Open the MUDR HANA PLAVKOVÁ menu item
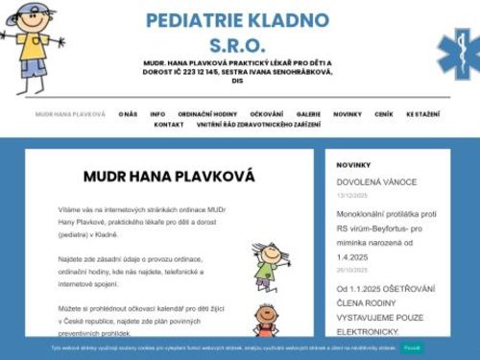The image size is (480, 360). (x=70, y=114)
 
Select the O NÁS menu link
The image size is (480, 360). (x=129, y=114)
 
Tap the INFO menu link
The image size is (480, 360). (x=157, y=114)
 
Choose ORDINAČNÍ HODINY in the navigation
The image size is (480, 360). (x=207, y=114)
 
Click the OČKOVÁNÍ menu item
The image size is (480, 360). (x=267, y=114)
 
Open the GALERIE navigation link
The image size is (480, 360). (x=309, y=114)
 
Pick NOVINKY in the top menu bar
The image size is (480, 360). (x=348, y=114)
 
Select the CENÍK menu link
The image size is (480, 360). (x=384, y=114)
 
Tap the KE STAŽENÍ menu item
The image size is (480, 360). (x=423, y=114)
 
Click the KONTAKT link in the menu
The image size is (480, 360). (x=169, y=125)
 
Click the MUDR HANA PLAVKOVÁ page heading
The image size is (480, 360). (x=169, y=177)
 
